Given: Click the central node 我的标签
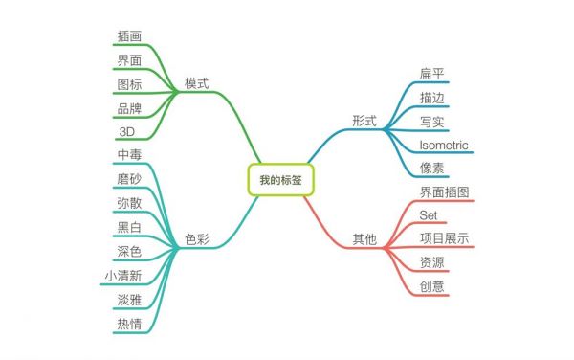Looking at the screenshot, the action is click(280, 179).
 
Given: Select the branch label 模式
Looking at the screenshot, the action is click(196, 84).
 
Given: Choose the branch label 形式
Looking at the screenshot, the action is click(364, 121).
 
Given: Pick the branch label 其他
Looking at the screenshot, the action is click(364, 239).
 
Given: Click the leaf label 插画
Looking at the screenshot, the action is click(129, 36).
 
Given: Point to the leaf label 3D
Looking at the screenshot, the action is click(127, 131).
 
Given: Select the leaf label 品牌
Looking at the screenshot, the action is click(129, 108).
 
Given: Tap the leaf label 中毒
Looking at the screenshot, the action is click(129, 154).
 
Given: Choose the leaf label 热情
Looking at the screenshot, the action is click(129, 324).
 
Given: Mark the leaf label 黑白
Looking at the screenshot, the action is click(129, 227).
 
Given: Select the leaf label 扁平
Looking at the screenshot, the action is click(431, 74).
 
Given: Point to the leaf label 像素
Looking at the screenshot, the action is click(431, 168).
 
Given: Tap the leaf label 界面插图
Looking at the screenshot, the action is click(444, 192).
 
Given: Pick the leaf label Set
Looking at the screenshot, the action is click(429, 215).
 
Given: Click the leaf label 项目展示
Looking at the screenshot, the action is click(444, 238).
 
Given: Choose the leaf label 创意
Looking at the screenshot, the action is click(431, 285).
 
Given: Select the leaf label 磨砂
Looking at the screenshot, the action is click(129, 179).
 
